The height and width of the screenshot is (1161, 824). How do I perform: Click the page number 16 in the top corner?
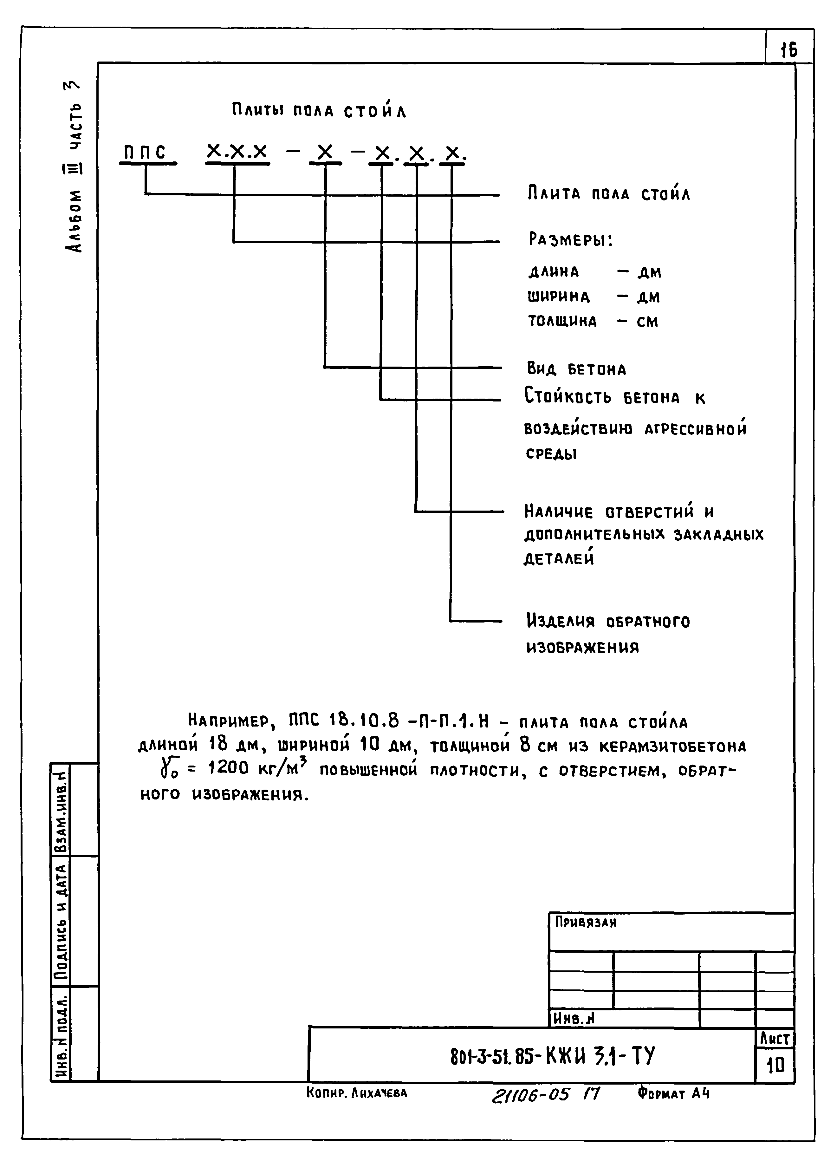(x=788, y=50)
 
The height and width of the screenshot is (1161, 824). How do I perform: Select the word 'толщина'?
(x=562, y=321)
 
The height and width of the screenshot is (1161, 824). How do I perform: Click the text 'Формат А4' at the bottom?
(x=673, y=1093)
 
